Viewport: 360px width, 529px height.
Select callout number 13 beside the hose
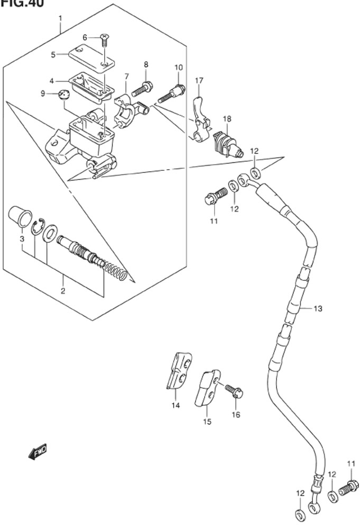coord(317,308)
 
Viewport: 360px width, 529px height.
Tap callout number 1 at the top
coord(60,19)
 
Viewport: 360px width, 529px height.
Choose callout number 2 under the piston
coord(62,291)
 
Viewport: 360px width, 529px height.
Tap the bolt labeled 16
coord(234,392)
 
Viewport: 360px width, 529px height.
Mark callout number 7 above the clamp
coord(126,77)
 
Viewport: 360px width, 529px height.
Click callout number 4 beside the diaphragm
coord(52,81)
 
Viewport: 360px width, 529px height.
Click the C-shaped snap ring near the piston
coord(37,228)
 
